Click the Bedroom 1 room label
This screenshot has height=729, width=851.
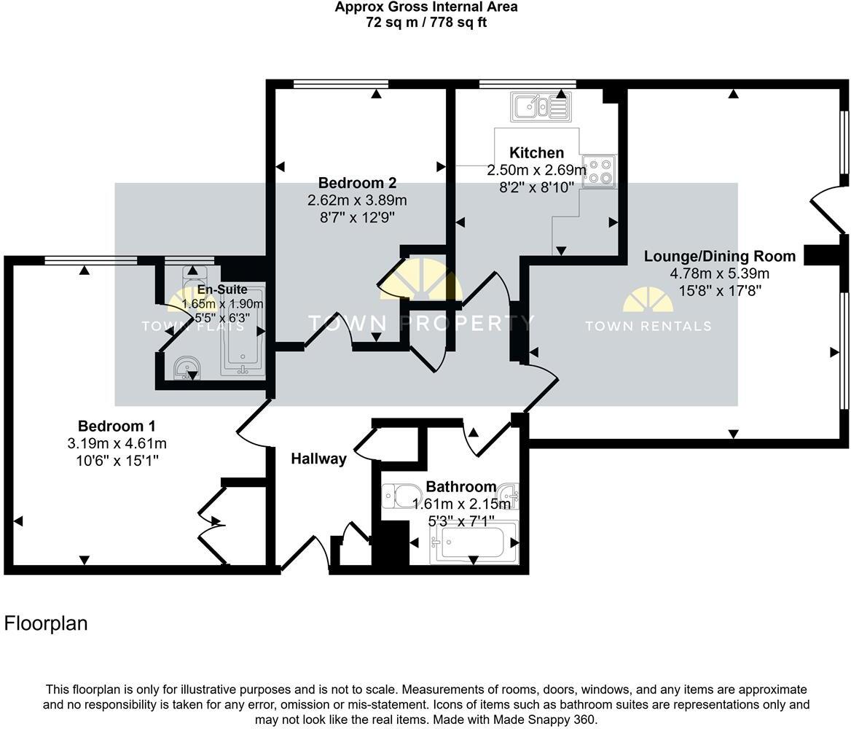(x=117, y=426)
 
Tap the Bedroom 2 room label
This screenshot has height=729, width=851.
(x=357, y=183)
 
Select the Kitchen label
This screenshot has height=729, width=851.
(x=536, y=153)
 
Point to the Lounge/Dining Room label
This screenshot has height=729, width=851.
(x=719, y=257)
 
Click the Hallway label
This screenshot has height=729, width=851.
(x=318, y=459)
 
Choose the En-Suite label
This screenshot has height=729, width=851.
(x=222, y=290)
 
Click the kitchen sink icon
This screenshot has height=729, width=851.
(x=541, y=107)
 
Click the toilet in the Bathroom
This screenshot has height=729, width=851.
(x=397, y=496)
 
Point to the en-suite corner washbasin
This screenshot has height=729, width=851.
(x=189, y=367)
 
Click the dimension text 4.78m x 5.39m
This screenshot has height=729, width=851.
(x=719, y=274)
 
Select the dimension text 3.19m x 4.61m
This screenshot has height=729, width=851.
(x=117, y=444)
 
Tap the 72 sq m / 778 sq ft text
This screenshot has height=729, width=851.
(x=426, y=23)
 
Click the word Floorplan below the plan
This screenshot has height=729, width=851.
(x=46, y=623)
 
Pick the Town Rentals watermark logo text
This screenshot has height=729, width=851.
(x=648, y=326)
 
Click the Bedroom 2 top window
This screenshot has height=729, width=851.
(x=341, y=84)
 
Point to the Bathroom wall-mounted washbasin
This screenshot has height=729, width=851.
(x=513, y=496)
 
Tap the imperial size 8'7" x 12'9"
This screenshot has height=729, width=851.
(x=357, y=217)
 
